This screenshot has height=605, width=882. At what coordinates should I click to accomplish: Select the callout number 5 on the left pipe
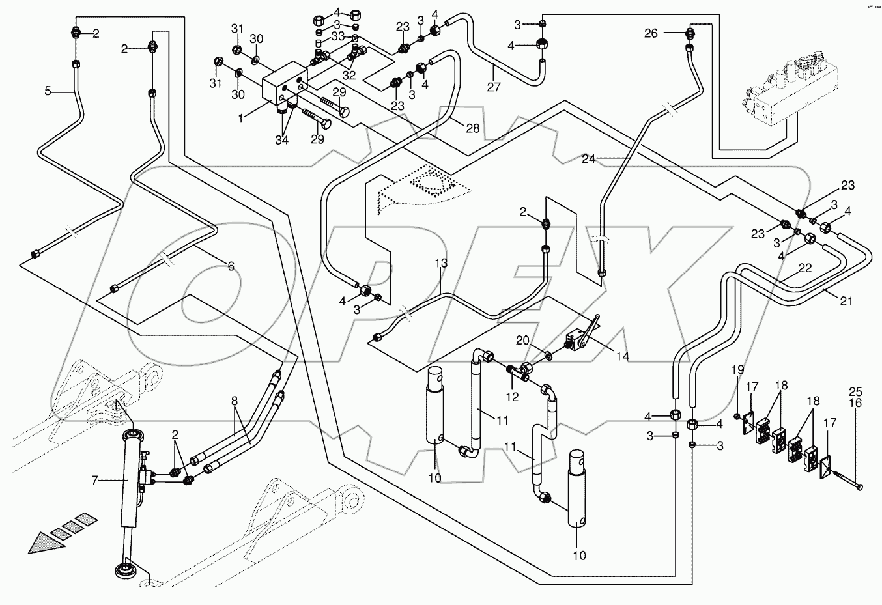(47, 91)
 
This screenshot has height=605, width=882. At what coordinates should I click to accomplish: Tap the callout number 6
(230, 266)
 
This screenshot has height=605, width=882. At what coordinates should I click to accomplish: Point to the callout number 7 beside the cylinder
(95, 481)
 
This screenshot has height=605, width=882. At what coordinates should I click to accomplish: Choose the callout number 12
(512, 397)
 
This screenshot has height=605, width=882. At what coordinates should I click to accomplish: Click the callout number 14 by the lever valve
(623, 357)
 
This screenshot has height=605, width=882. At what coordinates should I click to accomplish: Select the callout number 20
(523, 340)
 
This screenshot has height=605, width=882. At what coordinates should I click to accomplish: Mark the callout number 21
(846, 301)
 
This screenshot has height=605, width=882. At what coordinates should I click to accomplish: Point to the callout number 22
(805, 268)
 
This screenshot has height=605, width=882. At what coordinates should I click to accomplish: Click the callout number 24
(589, 158)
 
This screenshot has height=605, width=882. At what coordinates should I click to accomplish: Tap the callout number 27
(493, 87)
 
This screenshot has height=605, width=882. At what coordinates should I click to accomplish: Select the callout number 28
(472, 128)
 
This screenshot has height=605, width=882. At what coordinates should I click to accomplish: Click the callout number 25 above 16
(855, 392)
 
